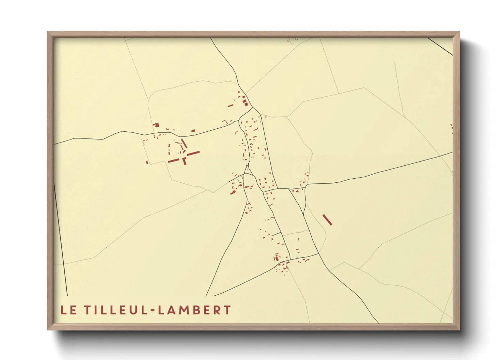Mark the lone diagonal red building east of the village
tap(327, 219)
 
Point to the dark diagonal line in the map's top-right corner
tap(440, 46)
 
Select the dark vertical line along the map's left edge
tap(61, 238)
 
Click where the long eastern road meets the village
tap(306, 185)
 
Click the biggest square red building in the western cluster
tap(157, 125)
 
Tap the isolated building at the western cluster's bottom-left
tap(147, 162)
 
